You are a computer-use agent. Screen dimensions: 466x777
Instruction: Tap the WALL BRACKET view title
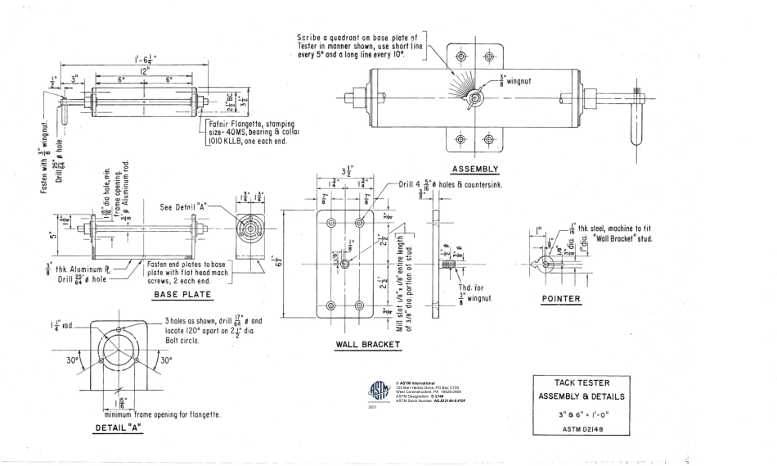click(368, 345)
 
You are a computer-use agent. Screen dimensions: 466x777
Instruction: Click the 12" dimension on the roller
click(144, 71)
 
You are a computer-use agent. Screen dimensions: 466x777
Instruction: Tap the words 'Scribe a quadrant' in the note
click(332, 38)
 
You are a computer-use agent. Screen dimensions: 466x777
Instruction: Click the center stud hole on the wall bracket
click(346, 263)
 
